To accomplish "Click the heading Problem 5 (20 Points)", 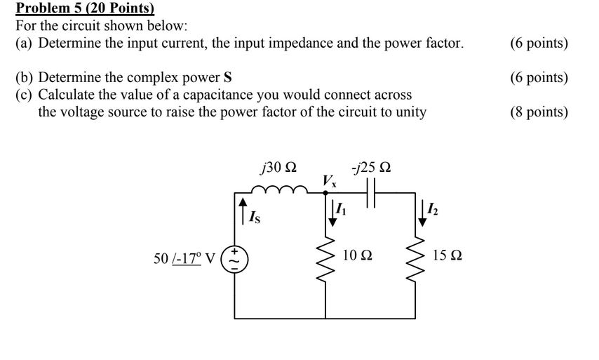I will click(85, 9).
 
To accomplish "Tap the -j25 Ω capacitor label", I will click(372, 168).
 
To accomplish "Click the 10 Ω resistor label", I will click(358, 256).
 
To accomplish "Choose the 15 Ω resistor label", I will click(447, 256).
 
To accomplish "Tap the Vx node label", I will click(329, 182).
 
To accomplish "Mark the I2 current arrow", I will click(423, 211).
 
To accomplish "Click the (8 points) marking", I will click(539, 112).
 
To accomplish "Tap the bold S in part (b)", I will click(227, 78).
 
